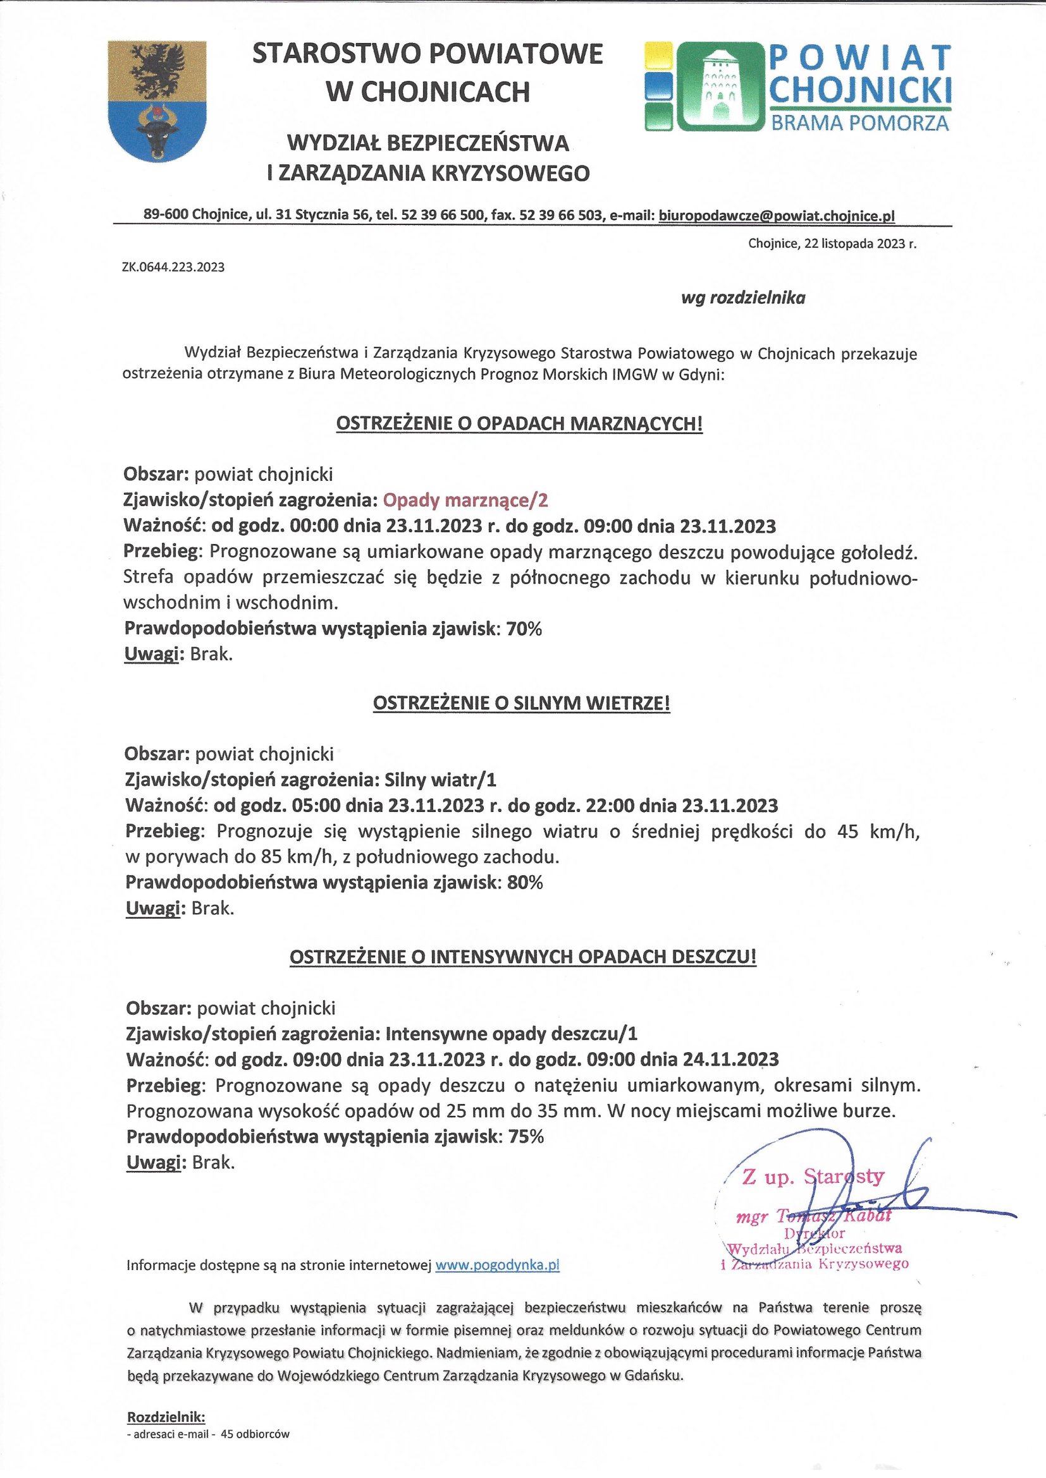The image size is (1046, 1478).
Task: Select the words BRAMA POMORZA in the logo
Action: point(859,123)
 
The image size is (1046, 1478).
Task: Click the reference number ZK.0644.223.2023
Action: point(173,267)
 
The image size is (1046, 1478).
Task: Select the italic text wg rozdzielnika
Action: point(742,298)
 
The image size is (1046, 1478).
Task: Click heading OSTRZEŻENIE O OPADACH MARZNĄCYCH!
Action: point(519,423)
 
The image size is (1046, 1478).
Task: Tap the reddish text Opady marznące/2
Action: point(465,500)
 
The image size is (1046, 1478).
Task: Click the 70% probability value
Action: point(524,629)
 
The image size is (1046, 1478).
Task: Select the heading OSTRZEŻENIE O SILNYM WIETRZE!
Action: point(522,703)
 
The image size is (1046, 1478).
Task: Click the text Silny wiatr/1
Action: point(441,780)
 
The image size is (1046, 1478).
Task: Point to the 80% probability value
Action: point(525,882)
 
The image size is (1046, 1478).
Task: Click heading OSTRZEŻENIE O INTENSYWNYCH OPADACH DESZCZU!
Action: point(522,957)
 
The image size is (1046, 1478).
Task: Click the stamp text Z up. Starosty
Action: point(813,1177)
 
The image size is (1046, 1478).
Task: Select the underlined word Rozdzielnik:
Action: point(166,1417)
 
